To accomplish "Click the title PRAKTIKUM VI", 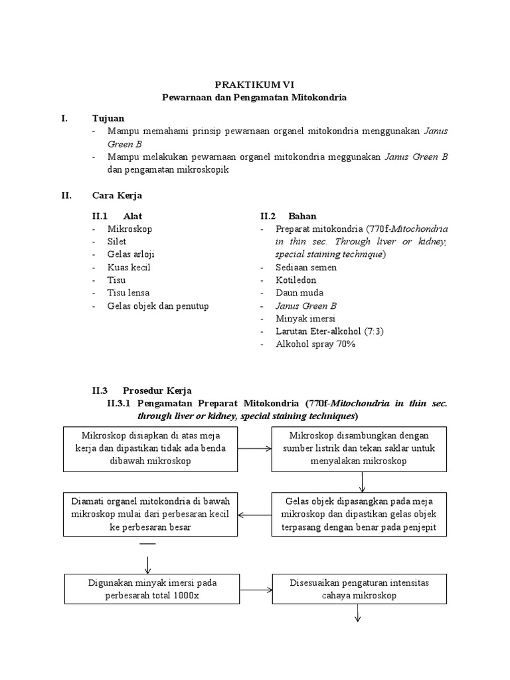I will [x=254, y=84].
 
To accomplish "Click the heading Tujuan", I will [x=108, y=118].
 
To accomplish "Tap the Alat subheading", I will [x=133, y=216].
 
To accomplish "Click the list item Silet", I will [x=117, y=242].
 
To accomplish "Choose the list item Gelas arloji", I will [x=129, y=254].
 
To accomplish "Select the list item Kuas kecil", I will [x=129, y=267].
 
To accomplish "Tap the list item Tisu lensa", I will [x=128, y=293].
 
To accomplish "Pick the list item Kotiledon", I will [x=296, y=280].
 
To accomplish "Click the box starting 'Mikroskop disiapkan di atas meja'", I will [x=151, y=449].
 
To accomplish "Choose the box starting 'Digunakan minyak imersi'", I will [x=152, y=589].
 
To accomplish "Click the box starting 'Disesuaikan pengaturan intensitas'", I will [x=359, y=589].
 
